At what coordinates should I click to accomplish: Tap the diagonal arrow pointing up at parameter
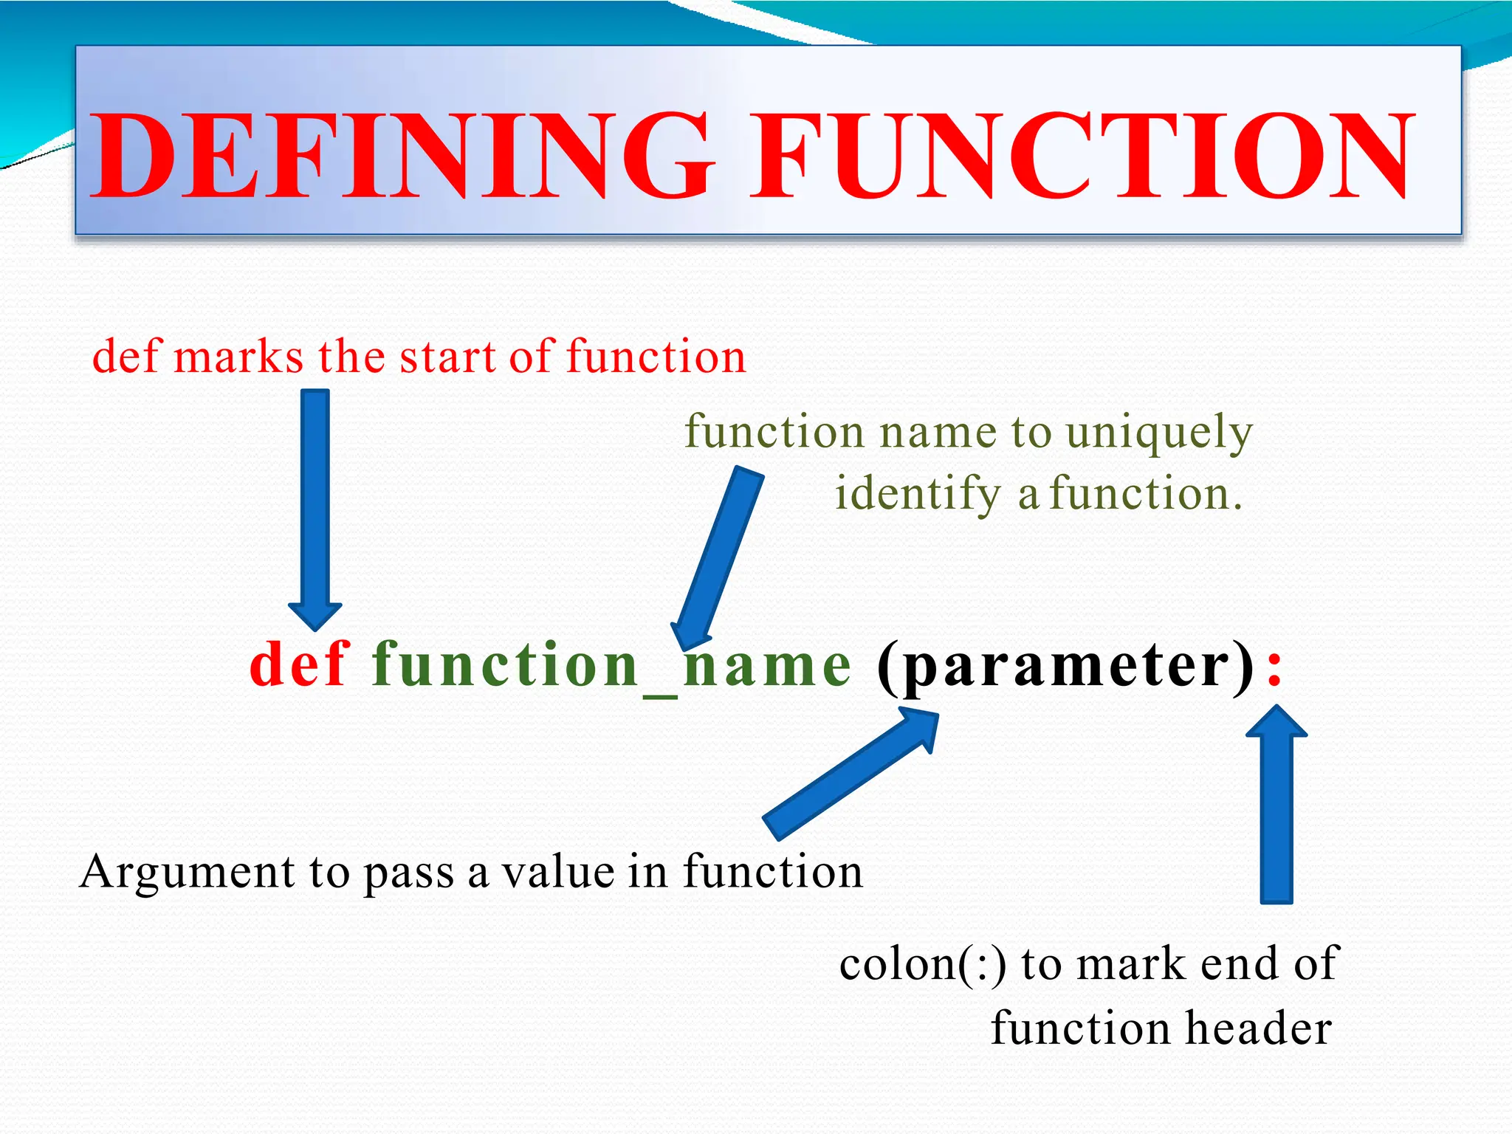(849, 775)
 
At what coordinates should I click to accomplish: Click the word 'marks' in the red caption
(238, 357)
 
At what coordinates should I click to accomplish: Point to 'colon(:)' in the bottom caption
(923, 964)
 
